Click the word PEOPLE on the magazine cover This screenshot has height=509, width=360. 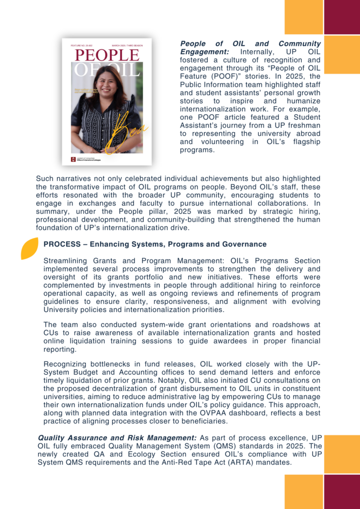click(x=106, y=55)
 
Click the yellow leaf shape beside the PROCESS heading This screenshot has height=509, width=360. click(x=29, y=248)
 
